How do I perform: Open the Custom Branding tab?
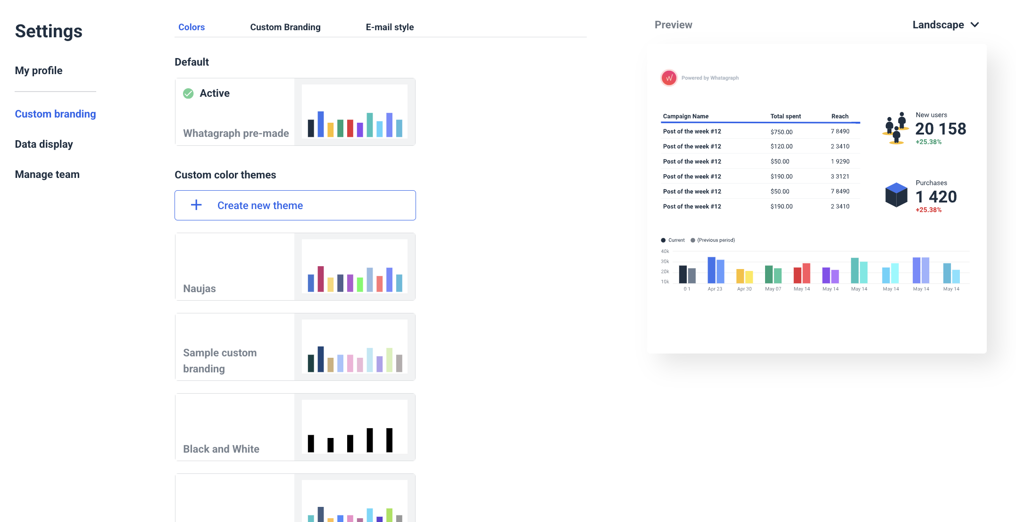coord(285,27)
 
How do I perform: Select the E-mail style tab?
coord(390,27)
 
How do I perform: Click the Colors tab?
coord(192,27)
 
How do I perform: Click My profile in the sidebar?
coord(39,71)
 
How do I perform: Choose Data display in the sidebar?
coord(44,144)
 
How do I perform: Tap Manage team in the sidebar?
coord(47,175)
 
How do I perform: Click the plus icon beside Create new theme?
coord(196,205)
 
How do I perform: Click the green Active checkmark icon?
coord(188,93)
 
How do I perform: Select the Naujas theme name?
coord(200,288)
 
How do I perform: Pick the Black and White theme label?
coord(221,449)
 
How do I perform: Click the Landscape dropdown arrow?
coord(975,25)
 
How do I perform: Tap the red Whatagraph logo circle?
coord(669,78)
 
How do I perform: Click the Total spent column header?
coord(785,116)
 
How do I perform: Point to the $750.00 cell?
coord(782,132)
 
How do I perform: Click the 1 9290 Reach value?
coord(840,161)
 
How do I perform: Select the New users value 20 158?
coord(941,129)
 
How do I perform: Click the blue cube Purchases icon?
coord(896,194)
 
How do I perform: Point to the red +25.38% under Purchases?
coord(928,210)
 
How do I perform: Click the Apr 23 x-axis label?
coord(715,289)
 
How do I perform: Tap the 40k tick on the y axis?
coord(665,252)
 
